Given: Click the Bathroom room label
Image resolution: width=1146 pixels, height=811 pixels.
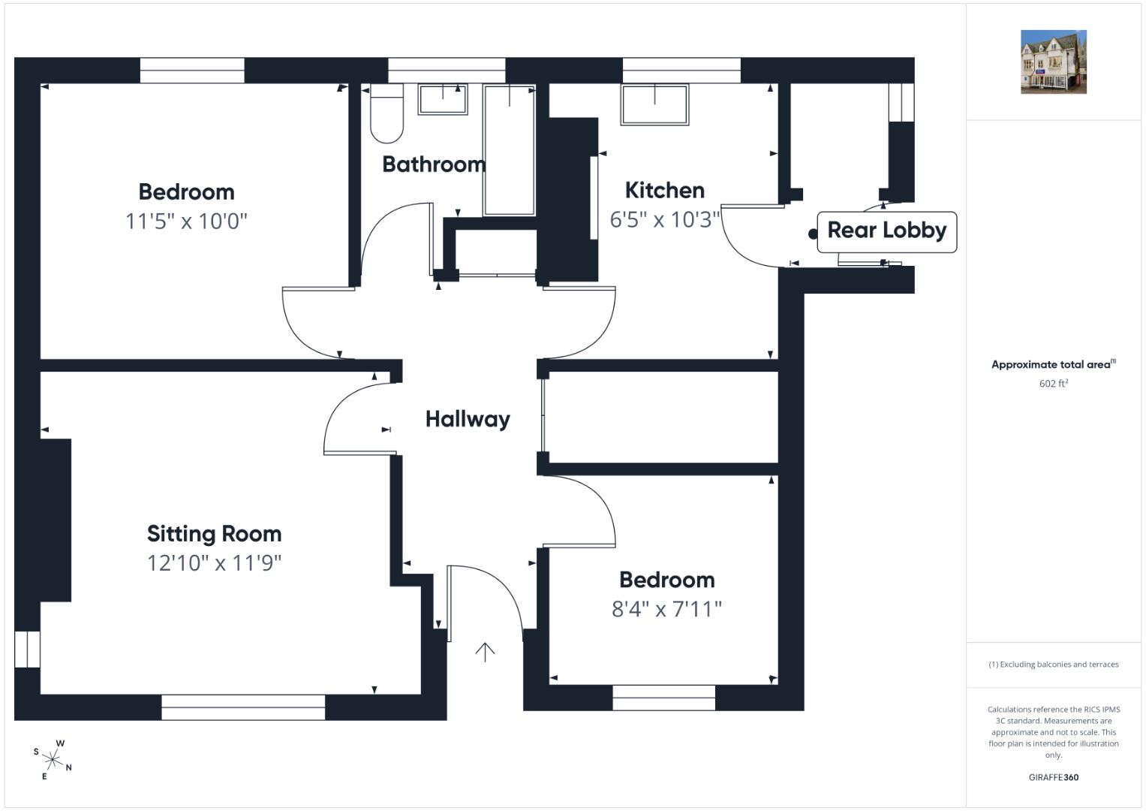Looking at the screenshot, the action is (434, 164).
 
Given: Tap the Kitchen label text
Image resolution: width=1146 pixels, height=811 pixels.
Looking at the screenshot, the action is (665, 191).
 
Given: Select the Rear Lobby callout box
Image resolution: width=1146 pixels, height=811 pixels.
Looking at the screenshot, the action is (886, 232).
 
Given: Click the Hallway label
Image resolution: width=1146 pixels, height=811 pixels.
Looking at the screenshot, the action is (468, 419).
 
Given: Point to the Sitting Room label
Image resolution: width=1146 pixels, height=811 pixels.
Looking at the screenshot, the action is (215, 534).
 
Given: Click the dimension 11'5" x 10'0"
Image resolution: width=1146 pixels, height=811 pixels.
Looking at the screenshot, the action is (186, 222).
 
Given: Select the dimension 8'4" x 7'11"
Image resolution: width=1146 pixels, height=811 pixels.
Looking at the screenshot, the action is (666, 609).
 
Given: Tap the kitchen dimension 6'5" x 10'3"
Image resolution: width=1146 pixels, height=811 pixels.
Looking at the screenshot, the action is (665, 219).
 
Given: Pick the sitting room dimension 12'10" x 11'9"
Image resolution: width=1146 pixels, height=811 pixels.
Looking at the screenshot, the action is (215, 563).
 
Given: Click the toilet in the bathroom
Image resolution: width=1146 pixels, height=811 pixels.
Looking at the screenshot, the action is (387, 113).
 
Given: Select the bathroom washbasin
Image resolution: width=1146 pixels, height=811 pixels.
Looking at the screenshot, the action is (443, 99).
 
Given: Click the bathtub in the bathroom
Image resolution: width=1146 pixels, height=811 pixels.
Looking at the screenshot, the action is (510, 150).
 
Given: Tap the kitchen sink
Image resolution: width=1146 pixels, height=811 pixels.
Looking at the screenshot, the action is (655, 104).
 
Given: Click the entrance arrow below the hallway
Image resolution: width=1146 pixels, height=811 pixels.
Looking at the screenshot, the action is (485, 653).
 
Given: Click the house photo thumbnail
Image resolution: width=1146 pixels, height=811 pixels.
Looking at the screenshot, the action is (1054, 62).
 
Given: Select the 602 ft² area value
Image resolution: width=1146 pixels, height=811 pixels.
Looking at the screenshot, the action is (1054, 384).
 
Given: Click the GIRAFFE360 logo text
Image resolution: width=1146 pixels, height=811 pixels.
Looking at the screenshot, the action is (1054, 777).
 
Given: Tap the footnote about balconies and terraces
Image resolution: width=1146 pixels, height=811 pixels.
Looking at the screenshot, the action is (1054, 665).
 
